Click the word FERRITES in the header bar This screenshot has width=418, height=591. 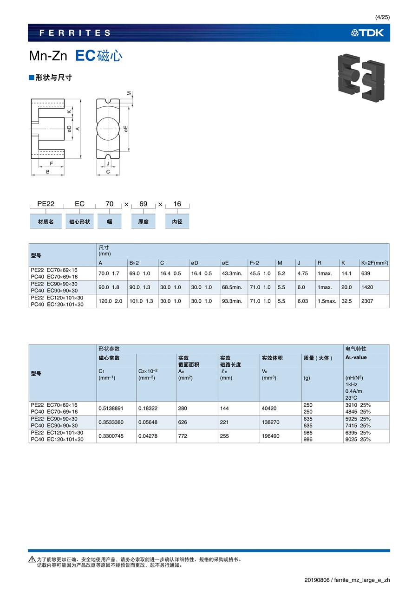[x=75, y=33]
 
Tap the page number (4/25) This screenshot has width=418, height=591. [x=382, y=17]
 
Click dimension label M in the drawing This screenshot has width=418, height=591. [x=130, y=93]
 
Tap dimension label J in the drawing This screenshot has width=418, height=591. [x=108, y=163]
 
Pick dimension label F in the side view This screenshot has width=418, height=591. [x=51, y=163]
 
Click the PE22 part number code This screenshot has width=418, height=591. [x=46, y=204]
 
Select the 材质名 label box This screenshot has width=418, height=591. [x=46, y=222]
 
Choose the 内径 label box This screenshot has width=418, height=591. [x=177, y=222]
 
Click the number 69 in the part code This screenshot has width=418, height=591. [x=143, y=204]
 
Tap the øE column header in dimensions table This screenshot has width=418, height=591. [x=225, y=263]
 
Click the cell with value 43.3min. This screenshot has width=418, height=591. [x=232, y=273]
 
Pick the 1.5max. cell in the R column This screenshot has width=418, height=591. [x=327, y=301]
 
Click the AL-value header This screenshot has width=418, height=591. [x=356, y=357]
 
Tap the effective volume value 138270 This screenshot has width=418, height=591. [x=272, y=422]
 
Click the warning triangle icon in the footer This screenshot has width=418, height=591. [x=32, y=559]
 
